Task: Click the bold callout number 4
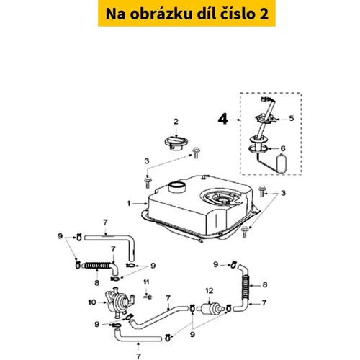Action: tap(223, 119)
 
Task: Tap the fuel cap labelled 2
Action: tap(176, 143)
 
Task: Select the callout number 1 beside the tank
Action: tap(129, 204)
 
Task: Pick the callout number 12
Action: tap(210, 291)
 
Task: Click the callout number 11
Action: tap(146, 282)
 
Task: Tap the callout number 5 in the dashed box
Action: tap(292, 118)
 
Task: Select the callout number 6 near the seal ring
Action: tap(283, 148)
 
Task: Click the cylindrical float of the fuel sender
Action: tap(282, 163)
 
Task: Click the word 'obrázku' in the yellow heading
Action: tap(161, 14)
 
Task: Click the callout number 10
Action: tap(92, 302)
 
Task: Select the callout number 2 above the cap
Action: tap(176, 122)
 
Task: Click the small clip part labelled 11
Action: tap(148, 297)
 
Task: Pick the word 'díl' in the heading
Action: tap(206, 14)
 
